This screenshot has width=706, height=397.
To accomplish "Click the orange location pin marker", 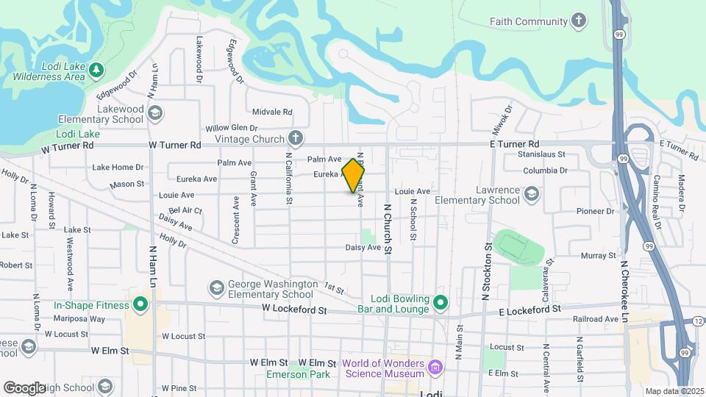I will coord(353,175).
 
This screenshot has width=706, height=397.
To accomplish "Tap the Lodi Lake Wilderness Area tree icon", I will coord(96,69).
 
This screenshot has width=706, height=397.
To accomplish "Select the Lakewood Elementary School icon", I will coord(154,112).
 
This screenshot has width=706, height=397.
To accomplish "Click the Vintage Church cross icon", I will coord(295,138).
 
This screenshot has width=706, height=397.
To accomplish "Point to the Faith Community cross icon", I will coord(580,21).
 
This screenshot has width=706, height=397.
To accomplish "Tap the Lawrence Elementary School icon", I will coord(532,194).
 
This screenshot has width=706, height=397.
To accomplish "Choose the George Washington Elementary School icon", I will coord(217,287).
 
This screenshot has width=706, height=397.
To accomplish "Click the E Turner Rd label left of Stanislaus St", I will coord(515,144).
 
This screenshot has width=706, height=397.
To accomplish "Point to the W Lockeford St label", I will coord(294,311).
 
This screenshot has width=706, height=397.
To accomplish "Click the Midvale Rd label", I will coord(272,112).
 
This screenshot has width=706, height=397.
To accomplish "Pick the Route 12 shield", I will coord(697,322).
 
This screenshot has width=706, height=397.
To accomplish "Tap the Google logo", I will coord(25,387).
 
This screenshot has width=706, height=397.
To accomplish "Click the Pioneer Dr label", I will coord(595,211).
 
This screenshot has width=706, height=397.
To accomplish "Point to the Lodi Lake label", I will coord(78,135).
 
